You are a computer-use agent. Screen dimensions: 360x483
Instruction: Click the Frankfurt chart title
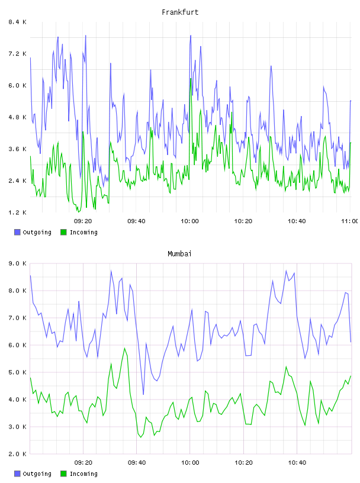(180, 12)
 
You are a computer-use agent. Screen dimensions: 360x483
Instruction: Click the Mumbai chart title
(179, 253)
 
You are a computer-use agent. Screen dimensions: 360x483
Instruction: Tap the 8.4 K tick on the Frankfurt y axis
(17, 22)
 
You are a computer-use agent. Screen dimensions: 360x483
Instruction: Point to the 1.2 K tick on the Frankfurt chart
(17, 212)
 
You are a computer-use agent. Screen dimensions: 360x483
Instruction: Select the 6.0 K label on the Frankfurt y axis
(17, 85)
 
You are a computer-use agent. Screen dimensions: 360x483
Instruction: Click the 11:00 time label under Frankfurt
(350, 221)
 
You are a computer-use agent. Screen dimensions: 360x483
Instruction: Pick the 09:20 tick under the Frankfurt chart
(83, 221)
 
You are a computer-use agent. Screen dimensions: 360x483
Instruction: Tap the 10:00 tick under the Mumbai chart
(190, 462)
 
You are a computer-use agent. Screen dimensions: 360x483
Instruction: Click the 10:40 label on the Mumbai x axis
(297, 462)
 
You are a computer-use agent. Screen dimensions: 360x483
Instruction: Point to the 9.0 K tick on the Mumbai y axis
(17, 263)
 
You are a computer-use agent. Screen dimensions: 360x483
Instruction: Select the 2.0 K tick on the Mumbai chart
(17, 454)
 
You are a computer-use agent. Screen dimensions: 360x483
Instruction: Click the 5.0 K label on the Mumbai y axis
(17, 372)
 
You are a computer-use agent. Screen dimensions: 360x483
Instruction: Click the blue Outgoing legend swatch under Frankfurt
(17, 232)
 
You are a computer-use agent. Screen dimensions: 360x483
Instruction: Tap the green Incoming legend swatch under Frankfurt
(63, 232)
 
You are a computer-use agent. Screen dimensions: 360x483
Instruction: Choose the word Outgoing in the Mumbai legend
(37, 474)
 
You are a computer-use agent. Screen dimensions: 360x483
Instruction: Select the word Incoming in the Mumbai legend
(83, 474)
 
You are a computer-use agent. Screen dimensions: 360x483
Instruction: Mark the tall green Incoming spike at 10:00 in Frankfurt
(191, 79)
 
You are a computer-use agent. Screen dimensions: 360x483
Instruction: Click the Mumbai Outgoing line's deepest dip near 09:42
(143, 394)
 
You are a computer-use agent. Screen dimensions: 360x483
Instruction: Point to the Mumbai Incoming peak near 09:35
(124, 349)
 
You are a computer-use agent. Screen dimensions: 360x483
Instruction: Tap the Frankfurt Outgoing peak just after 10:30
(271, 66)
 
